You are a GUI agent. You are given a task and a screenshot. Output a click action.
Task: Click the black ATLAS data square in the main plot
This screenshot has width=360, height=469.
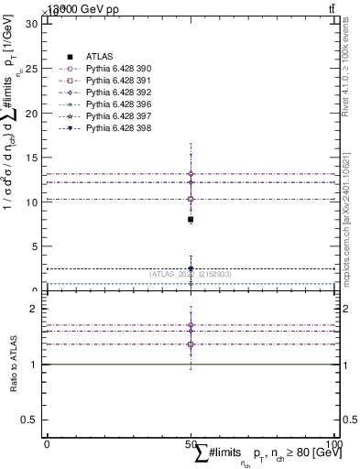pyautogui.click(x=191, y=220)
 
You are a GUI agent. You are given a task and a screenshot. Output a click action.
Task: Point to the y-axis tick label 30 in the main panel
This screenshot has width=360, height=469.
pyautogui.click(x=30, y=23)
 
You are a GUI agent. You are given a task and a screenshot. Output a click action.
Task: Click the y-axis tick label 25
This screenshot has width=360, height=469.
pyautogui.click(x=30, y=68)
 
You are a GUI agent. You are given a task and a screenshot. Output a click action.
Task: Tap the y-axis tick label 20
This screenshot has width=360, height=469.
pyautogui.click(x=30, y=113)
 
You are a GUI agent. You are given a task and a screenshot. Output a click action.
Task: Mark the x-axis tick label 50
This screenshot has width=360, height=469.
pyautogui.click(x=191, y=442)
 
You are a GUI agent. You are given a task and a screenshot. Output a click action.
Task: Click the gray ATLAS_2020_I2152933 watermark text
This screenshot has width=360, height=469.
pyautogui.click(x=191, y=274)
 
